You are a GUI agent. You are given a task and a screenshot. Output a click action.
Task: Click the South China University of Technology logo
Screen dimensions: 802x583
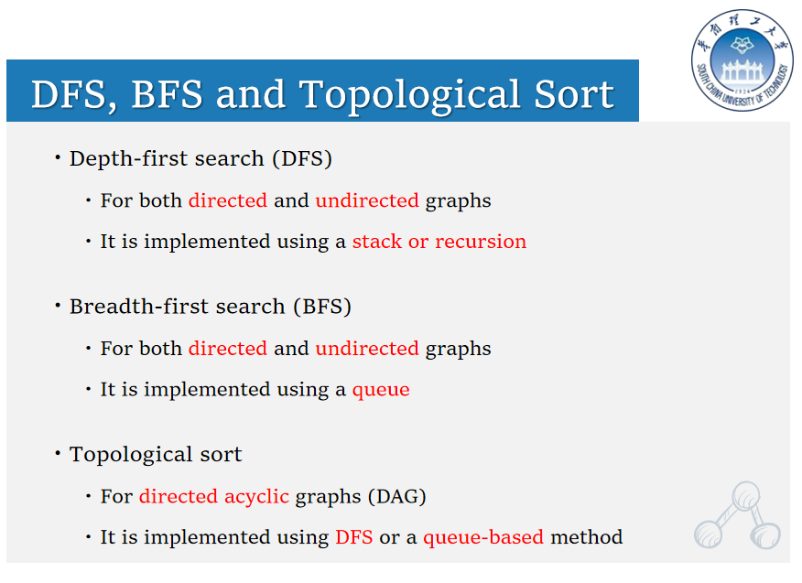pos(742,59)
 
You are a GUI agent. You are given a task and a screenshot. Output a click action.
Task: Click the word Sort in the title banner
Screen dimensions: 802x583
pos(574,94)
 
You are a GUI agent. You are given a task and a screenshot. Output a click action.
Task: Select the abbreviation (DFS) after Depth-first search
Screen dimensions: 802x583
pos(302,158)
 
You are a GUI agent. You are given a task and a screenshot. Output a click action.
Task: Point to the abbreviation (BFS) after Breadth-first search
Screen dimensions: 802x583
pos(322,307)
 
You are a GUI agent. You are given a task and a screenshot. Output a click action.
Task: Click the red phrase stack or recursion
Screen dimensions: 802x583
pos(439,242)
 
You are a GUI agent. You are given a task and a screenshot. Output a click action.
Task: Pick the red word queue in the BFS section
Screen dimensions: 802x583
pos(381,390)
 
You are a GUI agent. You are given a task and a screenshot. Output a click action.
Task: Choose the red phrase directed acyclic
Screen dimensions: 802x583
pos(214,497)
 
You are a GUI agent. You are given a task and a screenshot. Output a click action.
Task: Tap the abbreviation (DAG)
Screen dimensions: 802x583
pos(397,497)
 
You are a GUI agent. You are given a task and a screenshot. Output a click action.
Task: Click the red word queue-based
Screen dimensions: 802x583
pos(483,537)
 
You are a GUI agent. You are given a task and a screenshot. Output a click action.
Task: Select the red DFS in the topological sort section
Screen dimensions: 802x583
pos(354,537)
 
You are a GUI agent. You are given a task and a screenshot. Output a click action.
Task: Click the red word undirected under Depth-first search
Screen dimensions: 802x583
pos(367,200)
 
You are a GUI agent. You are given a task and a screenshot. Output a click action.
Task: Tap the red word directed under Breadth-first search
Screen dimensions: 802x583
pos(228,349)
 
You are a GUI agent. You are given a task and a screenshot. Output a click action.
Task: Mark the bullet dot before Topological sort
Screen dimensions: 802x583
pos(58,453)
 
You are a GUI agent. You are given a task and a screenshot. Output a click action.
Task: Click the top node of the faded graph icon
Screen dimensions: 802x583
pos(746,495)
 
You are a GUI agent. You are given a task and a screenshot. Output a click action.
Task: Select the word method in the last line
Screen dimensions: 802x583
pos(587,537)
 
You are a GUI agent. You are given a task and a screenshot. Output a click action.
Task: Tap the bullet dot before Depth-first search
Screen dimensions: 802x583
pos(58,157)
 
